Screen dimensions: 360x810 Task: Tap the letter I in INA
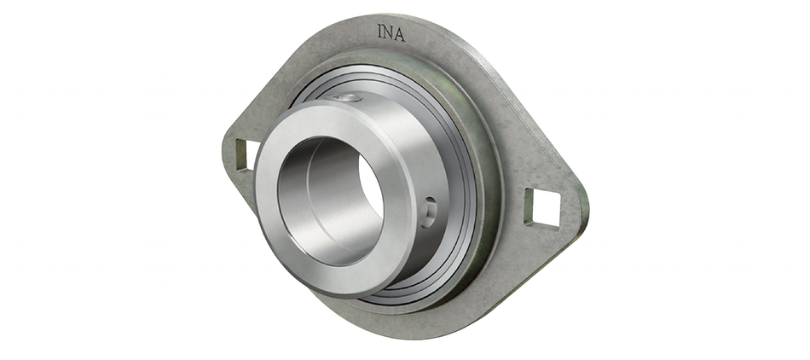tap(381, 32)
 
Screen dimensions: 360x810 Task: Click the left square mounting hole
tap(243, 154)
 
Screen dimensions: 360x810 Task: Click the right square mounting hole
tap(542, 207)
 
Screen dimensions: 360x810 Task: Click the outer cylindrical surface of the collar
tap(401, 145)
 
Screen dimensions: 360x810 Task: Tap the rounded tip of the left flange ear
tap(226, 154)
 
